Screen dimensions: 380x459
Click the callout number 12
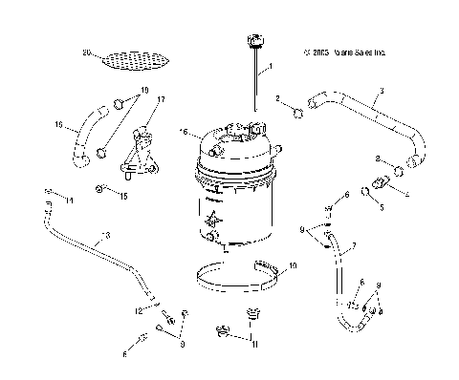(138, 311)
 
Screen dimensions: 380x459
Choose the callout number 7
(354, 245)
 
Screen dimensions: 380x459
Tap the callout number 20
(86, 52)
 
